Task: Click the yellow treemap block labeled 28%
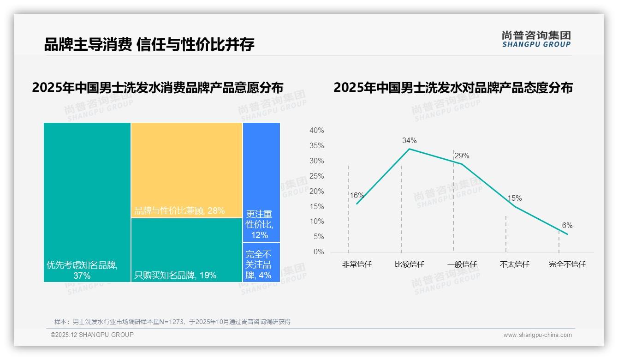tap(187, 170)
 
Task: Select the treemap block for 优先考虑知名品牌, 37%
tap(87, 202)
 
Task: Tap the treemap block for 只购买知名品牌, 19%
tap(187, 250)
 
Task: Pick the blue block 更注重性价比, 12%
tap(261, 182)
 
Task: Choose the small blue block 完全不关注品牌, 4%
tap(261, 262)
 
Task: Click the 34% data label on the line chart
tap(409, 140)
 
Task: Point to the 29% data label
tap(462, 156)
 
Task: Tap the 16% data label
tap(357, 195)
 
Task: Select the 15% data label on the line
tap(514, 198)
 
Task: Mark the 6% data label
tap(567, 225)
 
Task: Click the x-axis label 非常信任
tap(357, 264)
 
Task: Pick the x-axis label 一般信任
tap(462, 264)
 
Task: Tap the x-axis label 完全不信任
tap(567, 264)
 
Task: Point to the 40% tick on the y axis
tap(316, 131)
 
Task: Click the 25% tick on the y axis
tap(316, 176)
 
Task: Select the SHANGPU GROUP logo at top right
tap(536, 39)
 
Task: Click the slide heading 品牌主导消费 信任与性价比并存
tap(149, 44)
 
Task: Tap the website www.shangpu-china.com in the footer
tap(537, 335)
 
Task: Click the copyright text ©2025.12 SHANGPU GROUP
tap(92, 335)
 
